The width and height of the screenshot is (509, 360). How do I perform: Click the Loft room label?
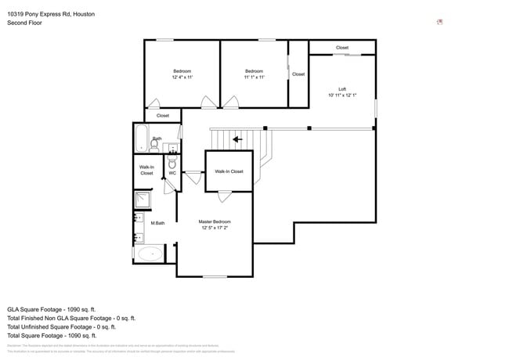point(342,89)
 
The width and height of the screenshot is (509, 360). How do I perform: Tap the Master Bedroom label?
point(215,221)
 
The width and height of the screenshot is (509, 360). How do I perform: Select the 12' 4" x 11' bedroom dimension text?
point(182,77)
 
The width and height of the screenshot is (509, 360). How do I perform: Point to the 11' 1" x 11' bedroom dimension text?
point(254,77)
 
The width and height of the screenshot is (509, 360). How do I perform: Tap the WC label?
point(172,173)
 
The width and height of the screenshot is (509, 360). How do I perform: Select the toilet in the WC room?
point(172,162)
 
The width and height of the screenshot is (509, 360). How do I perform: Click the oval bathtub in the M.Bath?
point(149,254)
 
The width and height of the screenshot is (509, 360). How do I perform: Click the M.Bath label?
point(157,223)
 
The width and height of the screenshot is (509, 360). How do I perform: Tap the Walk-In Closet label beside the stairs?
point(229,171)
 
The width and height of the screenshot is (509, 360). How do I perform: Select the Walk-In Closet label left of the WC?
point(146,170)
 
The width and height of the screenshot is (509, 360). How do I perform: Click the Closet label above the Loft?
point(342,48)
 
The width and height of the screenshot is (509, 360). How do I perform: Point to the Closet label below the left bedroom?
point(163,116)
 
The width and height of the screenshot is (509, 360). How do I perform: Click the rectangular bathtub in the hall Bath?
point(142,139)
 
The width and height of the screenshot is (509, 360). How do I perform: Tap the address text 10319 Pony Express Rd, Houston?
point(51,13)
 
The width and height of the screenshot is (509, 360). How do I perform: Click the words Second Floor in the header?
point(24,23)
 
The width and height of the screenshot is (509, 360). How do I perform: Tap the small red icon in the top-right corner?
point(440,22)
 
